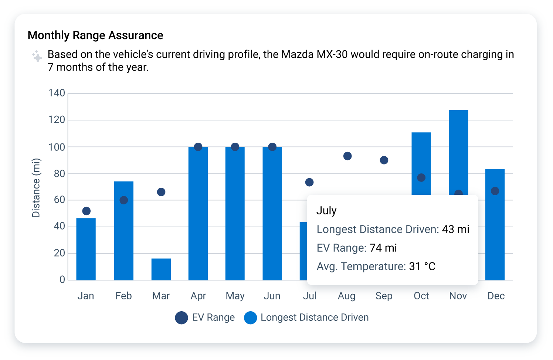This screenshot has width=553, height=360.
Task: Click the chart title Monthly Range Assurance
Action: tap(95, 35)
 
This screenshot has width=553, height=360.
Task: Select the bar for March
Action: tap(161, 269)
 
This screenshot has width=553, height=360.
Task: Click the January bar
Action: tap(86, 249)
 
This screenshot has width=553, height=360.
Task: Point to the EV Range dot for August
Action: tap(347, 156)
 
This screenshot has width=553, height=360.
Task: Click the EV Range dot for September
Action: tap(384, 160)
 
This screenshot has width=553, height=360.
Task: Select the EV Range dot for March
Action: tap(161, 192)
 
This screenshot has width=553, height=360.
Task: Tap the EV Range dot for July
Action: tap(309, 182)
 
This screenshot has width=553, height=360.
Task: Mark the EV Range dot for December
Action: tap(495, 191)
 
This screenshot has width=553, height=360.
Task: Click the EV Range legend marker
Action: tap(181, 318)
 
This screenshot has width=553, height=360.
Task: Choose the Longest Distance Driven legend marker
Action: tap(250, 318)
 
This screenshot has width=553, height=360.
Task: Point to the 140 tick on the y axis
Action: tap(57, 93)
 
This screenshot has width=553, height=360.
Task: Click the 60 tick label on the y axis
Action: tap(59, 200)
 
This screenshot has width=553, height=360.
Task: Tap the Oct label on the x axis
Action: tap(421, 296)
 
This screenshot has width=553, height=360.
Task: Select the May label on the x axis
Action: tap(235, 296)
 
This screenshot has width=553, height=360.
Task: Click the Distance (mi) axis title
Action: tap(36, 188)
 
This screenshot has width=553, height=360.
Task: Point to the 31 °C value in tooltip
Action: tap(422, 266)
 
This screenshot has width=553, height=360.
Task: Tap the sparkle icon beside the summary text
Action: tap(37, 56)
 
